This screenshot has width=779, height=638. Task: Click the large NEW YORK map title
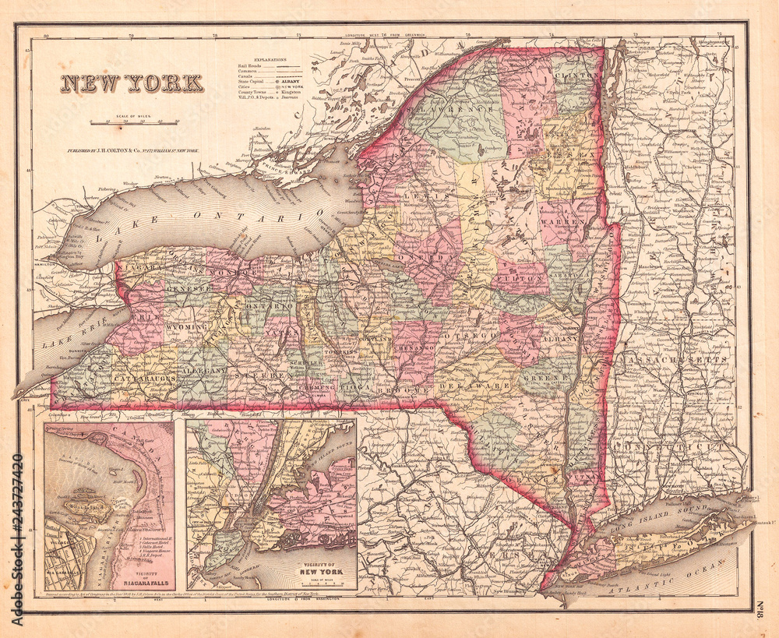coord(132,83)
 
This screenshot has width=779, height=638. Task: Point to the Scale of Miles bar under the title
coord(134,122)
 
